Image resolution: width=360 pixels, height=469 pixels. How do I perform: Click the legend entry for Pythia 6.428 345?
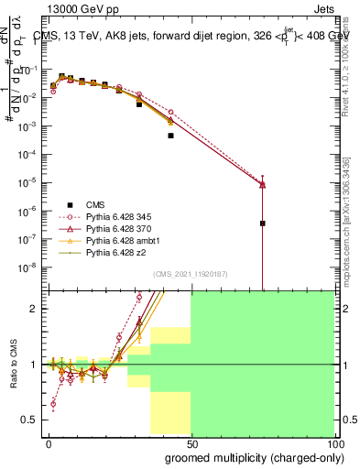(114, 219)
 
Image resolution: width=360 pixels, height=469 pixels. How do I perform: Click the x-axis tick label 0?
(49, 443)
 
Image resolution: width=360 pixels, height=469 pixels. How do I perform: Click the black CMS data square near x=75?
(263, 223)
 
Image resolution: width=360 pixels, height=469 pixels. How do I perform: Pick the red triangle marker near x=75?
(263, 184)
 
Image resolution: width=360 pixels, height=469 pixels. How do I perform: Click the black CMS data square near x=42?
(170, 135)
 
